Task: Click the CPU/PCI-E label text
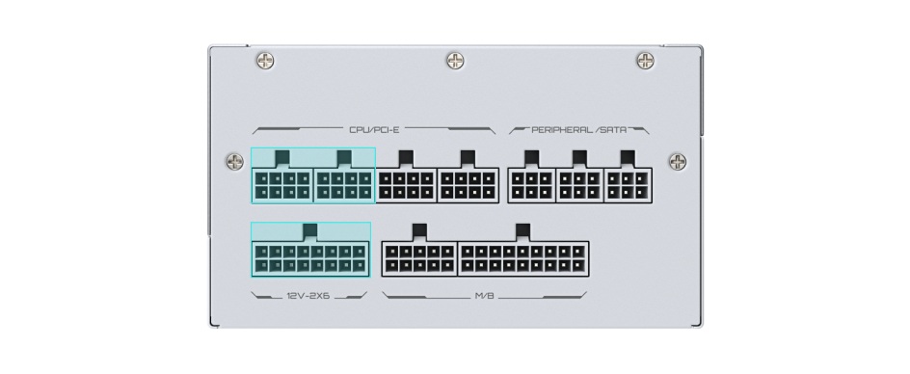click(x=374, y=130)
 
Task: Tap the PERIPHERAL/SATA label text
click(x=579, y=130)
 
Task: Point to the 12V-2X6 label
click(x=308, y=296)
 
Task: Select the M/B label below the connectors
click(x=485, y=296)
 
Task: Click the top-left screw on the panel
click(x=265, y=60)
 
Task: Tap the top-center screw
click(x=456, y=60)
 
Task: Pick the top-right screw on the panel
click(x=646, y=60)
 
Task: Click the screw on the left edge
click(x=235, y=161)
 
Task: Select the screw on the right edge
click(x=678, y=161)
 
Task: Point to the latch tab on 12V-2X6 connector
click(x=310, y=231)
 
